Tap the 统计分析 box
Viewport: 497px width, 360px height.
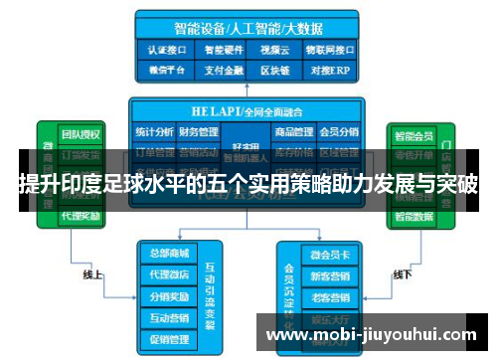[154, 130]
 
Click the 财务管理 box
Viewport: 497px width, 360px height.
[199, 130]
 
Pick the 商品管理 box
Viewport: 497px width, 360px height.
[295, 130]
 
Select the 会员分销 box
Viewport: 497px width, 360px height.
[339, 130]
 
